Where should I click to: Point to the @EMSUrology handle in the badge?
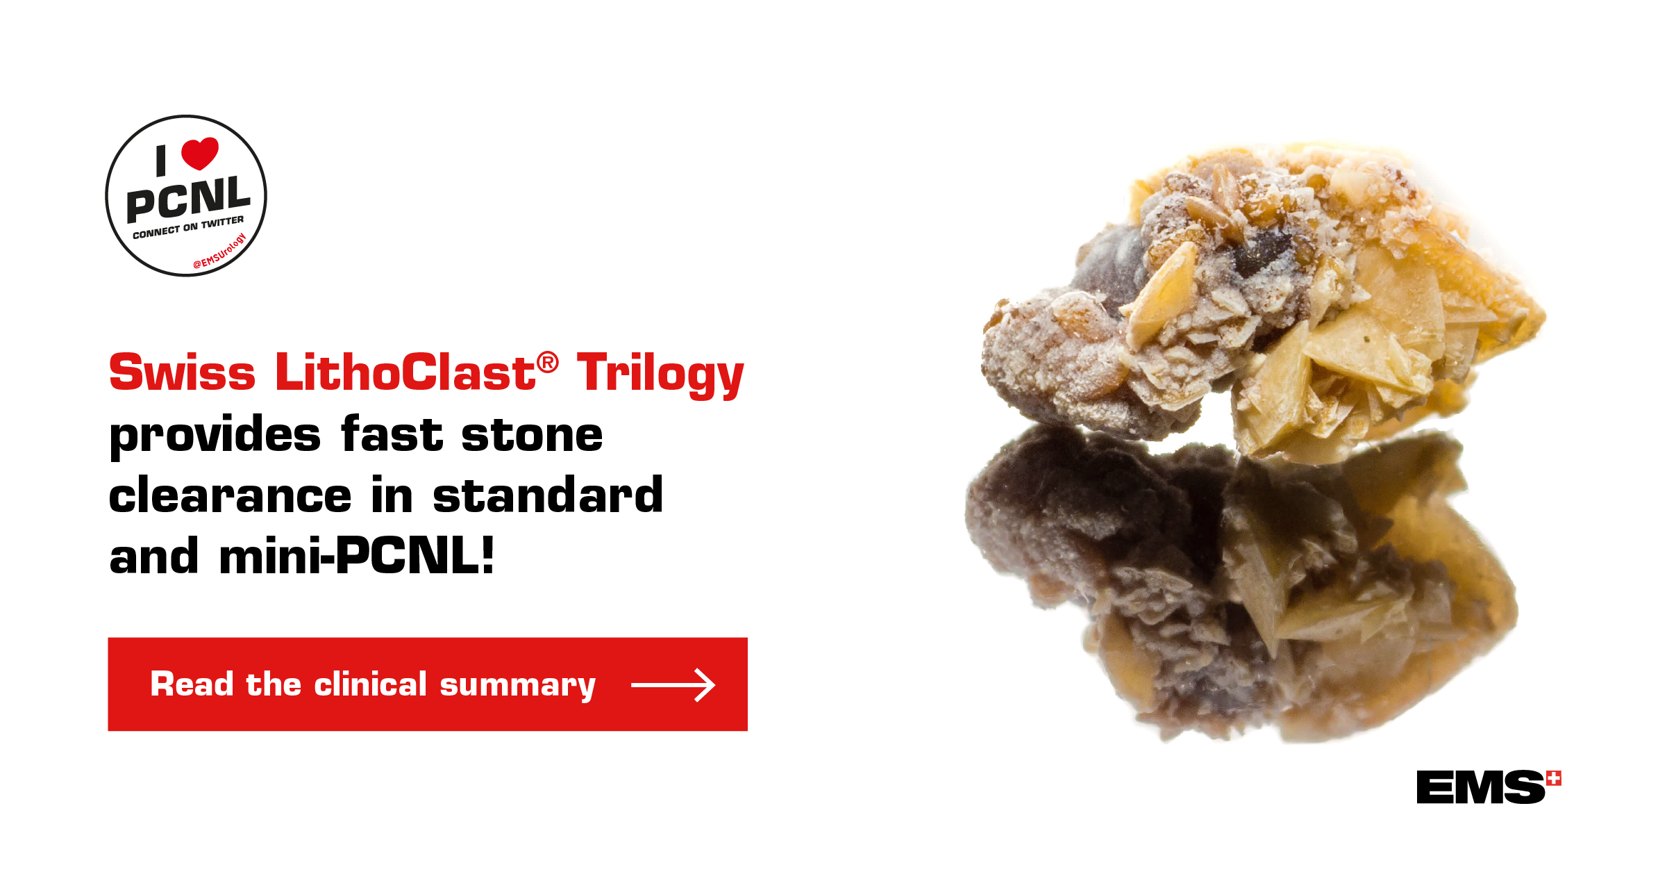[219, 252]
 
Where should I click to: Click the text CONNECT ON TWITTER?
[188, 227]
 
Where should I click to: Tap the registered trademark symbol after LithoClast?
[547, 362]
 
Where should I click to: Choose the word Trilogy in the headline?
[660, 375]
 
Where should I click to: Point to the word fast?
[392, 433]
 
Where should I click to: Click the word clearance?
[231, 496]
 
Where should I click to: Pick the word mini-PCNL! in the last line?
[357, 556]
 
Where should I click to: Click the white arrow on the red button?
[673, 685]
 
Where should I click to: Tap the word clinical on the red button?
[370, 684]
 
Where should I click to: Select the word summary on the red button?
[518, 686]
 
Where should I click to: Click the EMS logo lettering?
[1481, 787]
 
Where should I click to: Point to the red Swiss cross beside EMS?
[1554, 779]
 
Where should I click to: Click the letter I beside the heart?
[161, 161]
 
